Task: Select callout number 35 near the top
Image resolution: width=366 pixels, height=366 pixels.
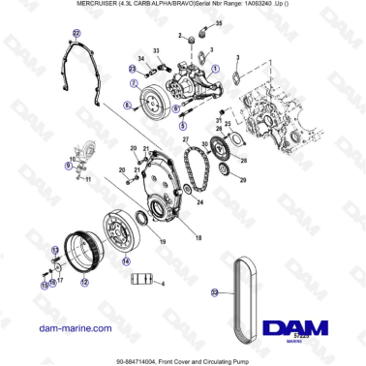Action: (218, 21)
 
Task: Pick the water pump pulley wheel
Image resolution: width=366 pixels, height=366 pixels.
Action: (154, 101)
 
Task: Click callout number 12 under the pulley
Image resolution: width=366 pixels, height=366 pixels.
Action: (85, 281)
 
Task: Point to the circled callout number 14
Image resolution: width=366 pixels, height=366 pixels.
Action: (125, 260)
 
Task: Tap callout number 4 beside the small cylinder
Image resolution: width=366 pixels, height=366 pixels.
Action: (163, 283)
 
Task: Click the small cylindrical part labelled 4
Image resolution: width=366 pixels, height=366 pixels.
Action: (143, 280)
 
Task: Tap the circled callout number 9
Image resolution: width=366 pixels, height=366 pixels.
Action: (68, 166)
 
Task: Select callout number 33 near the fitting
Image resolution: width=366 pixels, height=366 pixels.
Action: (156, 48)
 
